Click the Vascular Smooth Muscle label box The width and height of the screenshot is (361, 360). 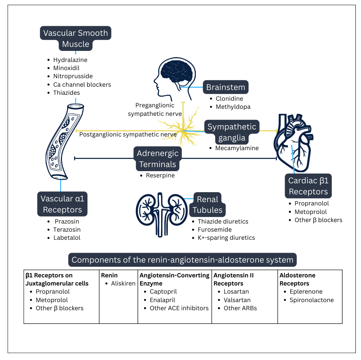76,38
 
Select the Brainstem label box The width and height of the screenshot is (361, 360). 225,87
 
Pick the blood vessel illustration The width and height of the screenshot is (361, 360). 65,142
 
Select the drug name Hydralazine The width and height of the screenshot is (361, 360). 70,60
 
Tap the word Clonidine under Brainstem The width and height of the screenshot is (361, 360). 229,99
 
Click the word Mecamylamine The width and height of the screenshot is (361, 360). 237,148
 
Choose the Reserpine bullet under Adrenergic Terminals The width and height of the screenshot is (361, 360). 160,176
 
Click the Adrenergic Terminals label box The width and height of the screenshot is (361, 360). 157,159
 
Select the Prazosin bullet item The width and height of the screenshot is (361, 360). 67,222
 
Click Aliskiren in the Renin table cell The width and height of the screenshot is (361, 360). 123,284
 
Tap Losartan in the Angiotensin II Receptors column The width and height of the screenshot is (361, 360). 236,292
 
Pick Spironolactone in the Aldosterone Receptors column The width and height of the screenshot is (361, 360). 312,300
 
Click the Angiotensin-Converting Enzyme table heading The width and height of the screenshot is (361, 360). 174,279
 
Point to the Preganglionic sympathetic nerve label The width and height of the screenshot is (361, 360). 155,110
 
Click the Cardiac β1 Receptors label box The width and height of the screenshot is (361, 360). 308,186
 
